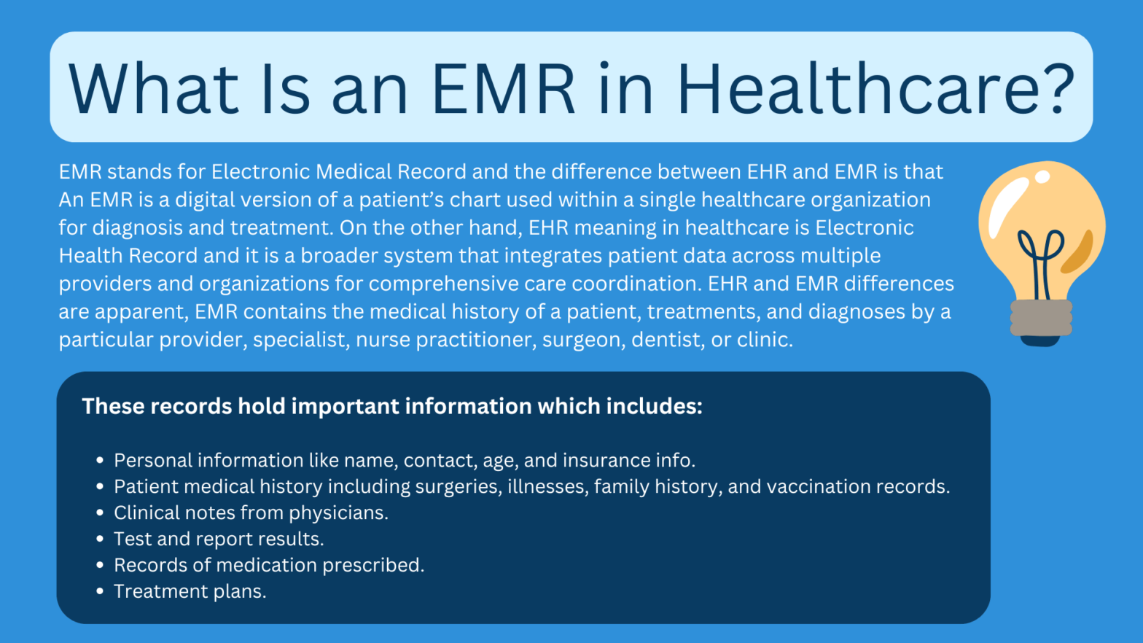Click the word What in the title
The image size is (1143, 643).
click(x=154, y=89)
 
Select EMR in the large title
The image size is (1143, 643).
click(x=504, y=89)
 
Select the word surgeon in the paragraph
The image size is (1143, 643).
click(x=583, y=340)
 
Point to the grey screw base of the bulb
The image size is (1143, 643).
click(x=1041, y=318)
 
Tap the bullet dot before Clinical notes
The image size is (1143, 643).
click(x=100, y=513)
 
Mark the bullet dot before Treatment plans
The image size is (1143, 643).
click(x=100, y=592)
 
